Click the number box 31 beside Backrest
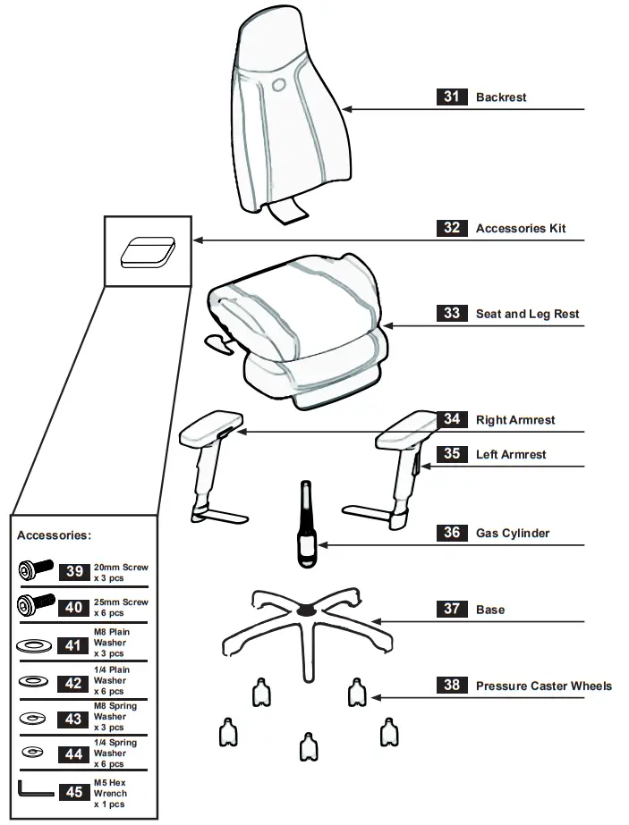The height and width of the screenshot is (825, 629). (x=452, y=97)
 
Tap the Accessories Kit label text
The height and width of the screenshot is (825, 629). (x=521, y=228)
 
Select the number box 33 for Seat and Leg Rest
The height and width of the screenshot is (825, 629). (x=452, y=313)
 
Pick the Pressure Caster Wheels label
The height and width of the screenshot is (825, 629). (x=544, y=686)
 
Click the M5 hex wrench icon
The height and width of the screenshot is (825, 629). (x=35, y=789)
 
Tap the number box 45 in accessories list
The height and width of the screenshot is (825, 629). (x=74, y=793)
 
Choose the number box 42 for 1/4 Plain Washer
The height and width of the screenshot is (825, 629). (x=74, y=681)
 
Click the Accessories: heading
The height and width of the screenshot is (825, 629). (x=54, y=535)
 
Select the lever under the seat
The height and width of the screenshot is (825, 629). (x=217, y=341)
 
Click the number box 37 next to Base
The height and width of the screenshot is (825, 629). (x=452, y=609)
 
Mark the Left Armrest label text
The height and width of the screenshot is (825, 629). (x=510, y=454)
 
